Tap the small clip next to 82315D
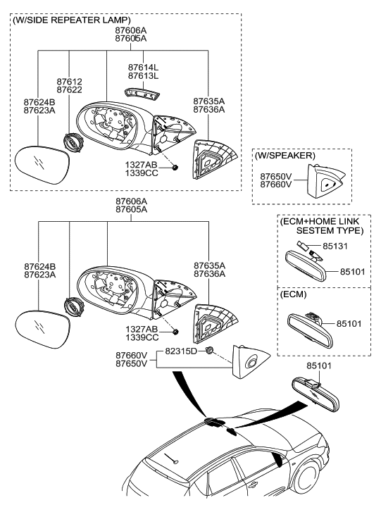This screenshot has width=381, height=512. (x=210, y=350)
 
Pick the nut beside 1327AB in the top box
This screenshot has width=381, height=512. (x=174, y=167)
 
